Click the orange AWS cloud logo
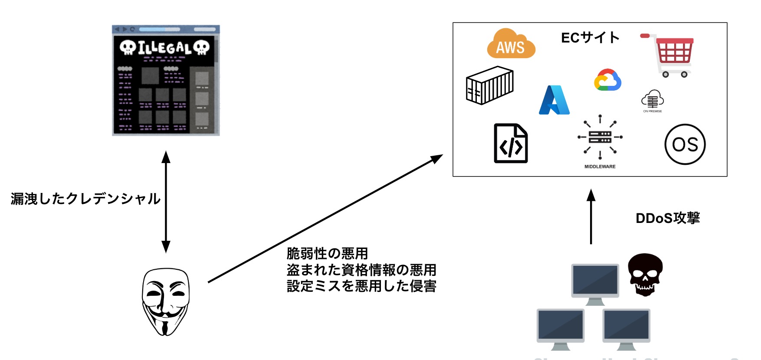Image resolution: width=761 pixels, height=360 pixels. [511, 45]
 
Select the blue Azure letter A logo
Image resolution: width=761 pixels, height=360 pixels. [554, 100]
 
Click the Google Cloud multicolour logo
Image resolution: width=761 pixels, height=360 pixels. [607, 80]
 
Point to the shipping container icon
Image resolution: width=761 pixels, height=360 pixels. [489, 85]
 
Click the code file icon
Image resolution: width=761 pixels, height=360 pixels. [511, 144]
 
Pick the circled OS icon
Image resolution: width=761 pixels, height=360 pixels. [685, 144]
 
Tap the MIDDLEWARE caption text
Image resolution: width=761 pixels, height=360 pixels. [600, 167]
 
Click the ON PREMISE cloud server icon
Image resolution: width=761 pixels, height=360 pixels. [652, 99]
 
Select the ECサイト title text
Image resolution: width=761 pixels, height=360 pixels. [590, 38]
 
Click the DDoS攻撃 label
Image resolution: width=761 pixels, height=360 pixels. [667, 218]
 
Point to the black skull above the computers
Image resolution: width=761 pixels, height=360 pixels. [645, 274]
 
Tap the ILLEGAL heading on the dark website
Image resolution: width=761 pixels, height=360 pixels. [164, 48]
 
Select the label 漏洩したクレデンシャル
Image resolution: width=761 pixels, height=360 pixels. [85, 199]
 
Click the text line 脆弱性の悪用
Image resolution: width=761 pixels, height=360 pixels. [327, 253]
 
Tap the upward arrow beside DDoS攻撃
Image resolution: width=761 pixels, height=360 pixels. [590, 217]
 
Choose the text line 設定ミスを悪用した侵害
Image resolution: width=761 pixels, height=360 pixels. [361, 286]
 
